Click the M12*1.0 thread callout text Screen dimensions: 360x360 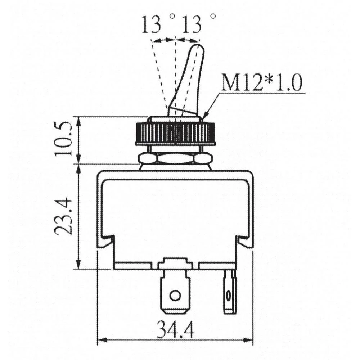[261, 84]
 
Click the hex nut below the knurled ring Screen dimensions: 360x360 [175, 158]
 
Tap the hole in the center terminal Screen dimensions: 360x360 [175, 296]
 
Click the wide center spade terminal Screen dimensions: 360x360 [175, 288]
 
